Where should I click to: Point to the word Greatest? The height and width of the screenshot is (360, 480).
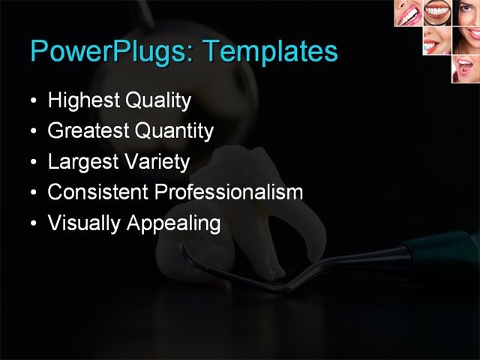pos(88,131)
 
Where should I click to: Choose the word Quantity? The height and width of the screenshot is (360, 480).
pos(174,131)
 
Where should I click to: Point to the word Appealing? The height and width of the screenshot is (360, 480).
pos(175,223)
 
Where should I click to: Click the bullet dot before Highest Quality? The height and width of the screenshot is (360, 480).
pos(32,101)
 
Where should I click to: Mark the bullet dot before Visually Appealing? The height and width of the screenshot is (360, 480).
pos(32,223)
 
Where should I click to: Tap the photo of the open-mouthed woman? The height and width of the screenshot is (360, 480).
pos(464,68)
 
